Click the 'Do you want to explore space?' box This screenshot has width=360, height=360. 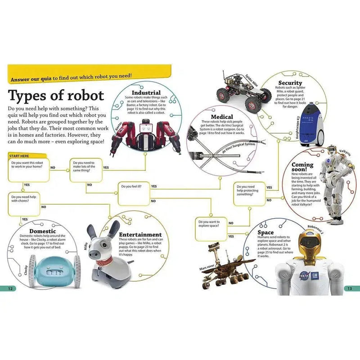[211, 229]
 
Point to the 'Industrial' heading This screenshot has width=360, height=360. [146, 93]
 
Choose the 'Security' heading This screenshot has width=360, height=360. [290, 83]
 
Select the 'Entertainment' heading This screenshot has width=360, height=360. [140, 234]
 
